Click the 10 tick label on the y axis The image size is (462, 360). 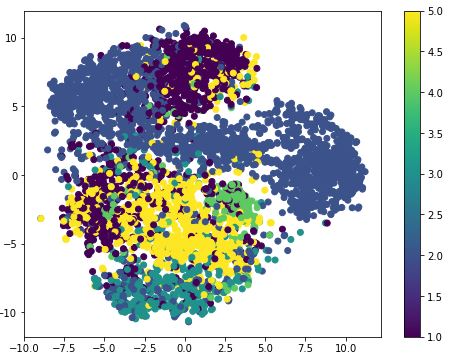(x=12, y=38)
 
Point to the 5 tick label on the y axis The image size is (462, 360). (x=15, y=107)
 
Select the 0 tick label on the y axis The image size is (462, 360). (x=15, y=175)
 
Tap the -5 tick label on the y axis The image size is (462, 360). (x=12, y=244)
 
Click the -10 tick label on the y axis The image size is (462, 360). (x=9, y=312)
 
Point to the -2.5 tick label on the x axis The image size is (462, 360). (x=144, y=347)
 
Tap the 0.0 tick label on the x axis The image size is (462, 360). (x=185, y=347)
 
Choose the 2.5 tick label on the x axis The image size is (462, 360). (x=225, y=347)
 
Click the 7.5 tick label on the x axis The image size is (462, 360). (x=306, y=347)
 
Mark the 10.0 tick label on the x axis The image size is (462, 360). (x=346, y=347)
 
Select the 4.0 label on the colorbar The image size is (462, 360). (x=438, y=93)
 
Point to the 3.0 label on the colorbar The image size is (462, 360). (x=438, y=174)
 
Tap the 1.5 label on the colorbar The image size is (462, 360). (x=438, y=296)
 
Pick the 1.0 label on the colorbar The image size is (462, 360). (x=438, y=336)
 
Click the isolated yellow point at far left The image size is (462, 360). (x=40, y=218)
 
